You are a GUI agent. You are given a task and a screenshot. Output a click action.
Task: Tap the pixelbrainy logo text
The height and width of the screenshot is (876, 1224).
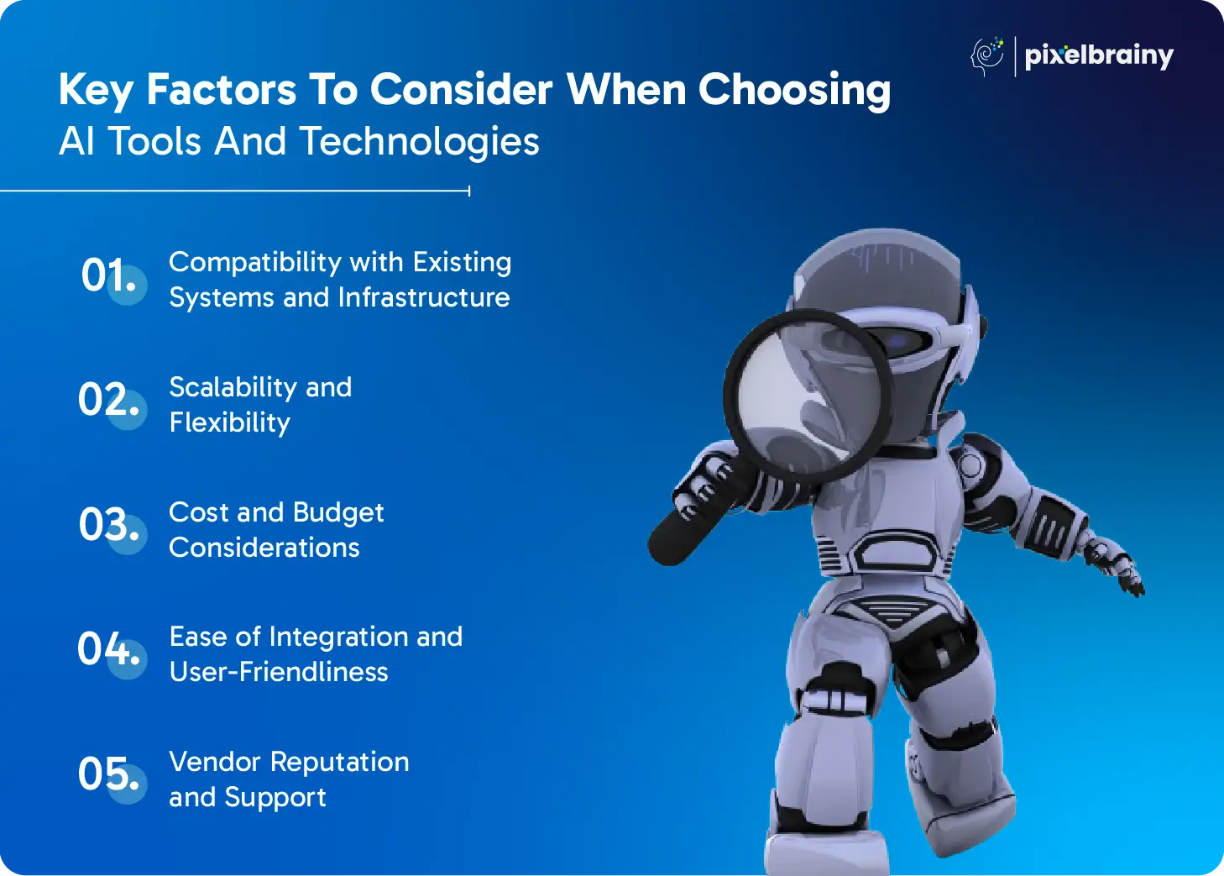point(1099,56)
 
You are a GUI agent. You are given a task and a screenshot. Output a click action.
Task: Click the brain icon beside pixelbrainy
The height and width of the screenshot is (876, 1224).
point(987,56)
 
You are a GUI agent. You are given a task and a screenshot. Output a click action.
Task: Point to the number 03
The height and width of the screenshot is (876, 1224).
point(108,524)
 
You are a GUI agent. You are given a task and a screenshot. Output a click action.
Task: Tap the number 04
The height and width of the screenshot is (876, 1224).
point(108,648)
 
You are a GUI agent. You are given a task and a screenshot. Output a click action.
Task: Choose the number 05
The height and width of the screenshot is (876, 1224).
point(108,774)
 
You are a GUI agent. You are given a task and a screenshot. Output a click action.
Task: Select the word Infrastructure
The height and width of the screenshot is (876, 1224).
point(424,297)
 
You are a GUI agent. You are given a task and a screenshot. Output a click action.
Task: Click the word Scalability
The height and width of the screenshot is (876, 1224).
point(233,389)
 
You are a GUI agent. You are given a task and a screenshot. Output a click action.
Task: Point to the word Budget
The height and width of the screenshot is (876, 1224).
point(338,514)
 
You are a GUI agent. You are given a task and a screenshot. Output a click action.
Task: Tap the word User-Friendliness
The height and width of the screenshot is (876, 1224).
point(279,672)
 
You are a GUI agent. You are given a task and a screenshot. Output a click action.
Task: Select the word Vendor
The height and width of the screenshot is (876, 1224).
point(215,762)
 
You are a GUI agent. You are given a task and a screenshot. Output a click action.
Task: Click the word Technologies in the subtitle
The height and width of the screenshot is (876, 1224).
point(420,142)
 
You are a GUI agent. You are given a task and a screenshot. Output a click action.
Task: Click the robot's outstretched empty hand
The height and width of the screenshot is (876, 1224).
point(1115,569)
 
